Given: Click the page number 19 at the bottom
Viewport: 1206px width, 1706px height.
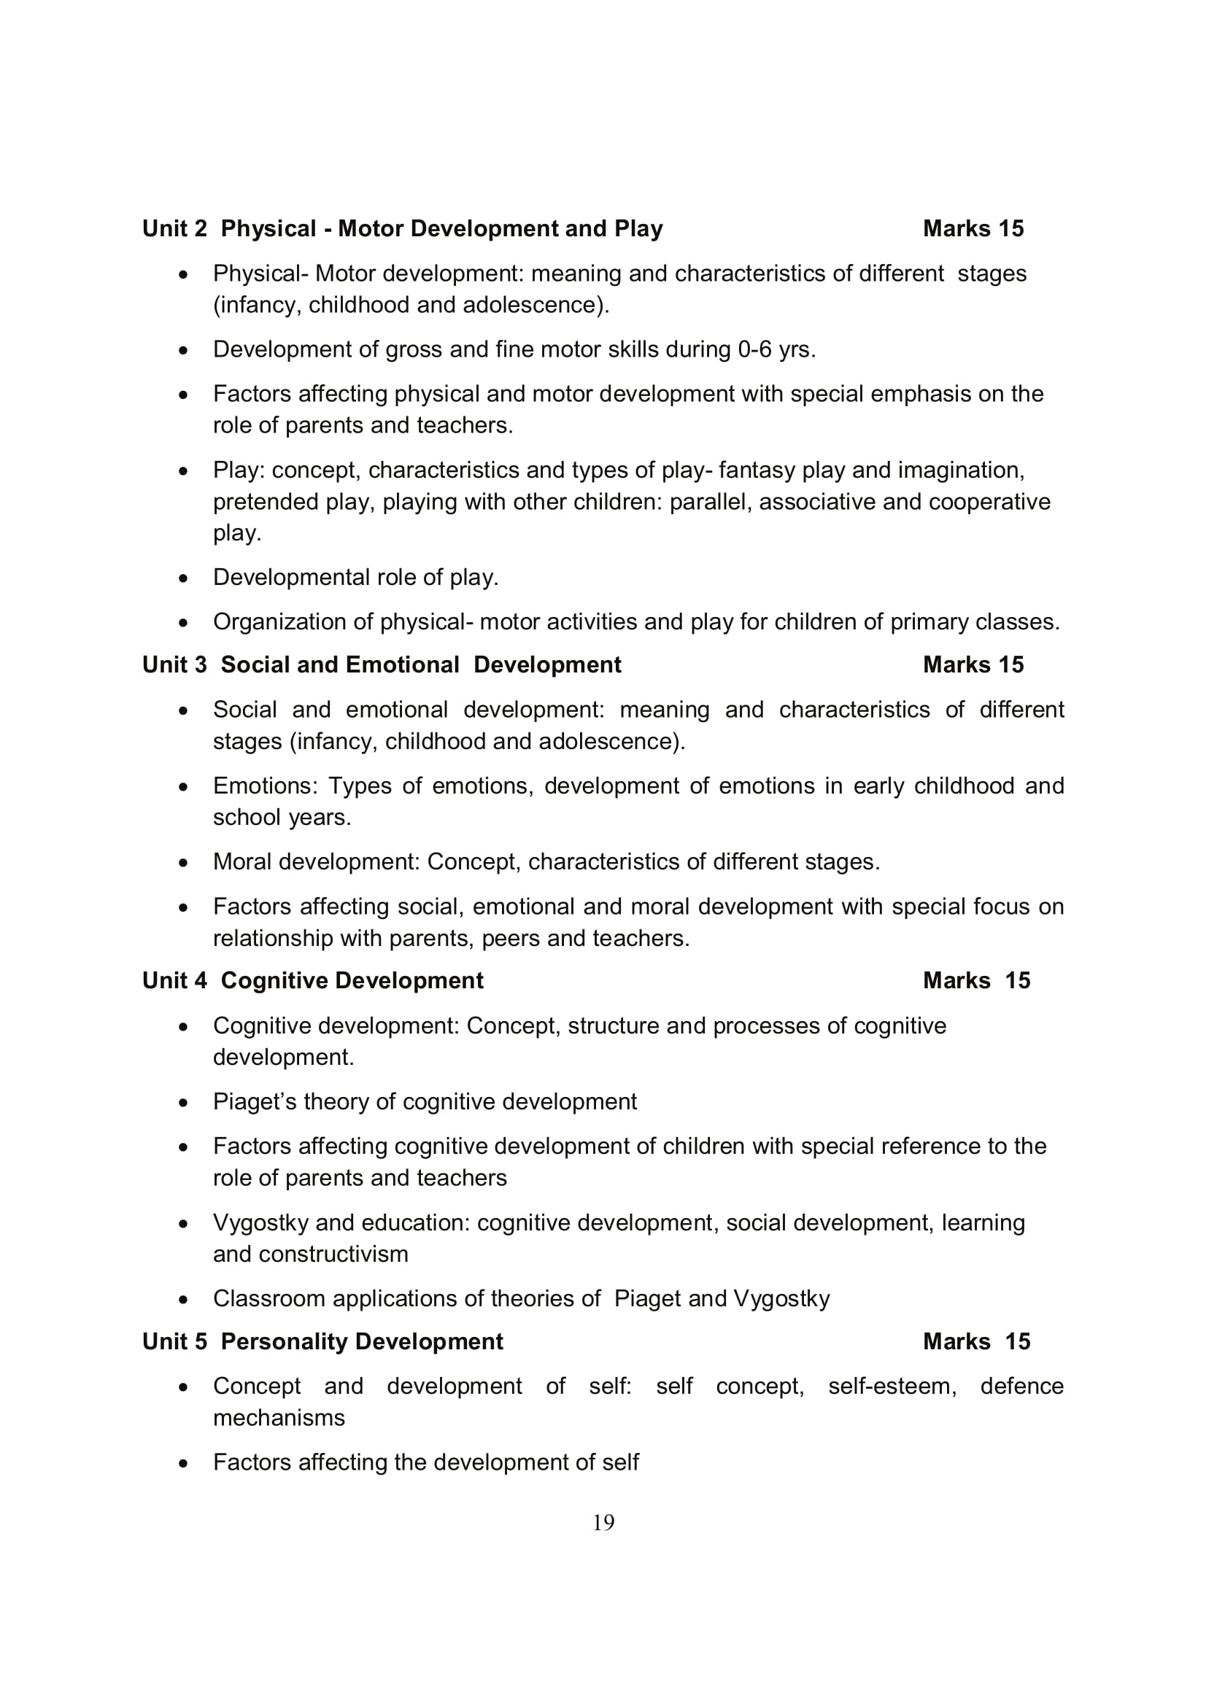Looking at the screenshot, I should point(603,1522).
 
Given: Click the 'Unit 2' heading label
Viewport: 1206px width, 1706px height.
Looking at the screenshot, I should point(174,229).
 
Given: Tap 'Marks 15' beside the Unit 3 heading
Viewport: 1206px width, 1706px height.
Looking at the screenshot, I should point(973,664).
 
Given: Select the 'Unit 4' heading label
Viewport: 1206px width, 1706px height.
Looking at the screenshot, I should point(174,980).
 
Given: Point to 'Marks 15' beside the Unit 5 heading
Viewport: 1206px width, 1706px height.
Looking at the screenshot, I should point(975,1341).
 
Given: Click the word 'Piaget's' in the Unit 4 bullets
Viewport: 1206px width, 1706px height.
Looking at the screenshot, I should point(254,1101).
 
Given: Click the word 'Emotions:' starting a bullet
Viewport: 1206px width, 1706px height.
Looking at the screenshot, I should point(266,786).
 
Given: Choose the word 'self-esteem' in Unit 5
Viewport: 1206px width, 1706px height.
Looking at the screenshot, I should point(892,1386).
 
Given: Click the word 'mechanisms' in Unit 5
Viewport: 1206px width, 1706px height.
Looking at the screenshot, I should point(279,1417).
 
